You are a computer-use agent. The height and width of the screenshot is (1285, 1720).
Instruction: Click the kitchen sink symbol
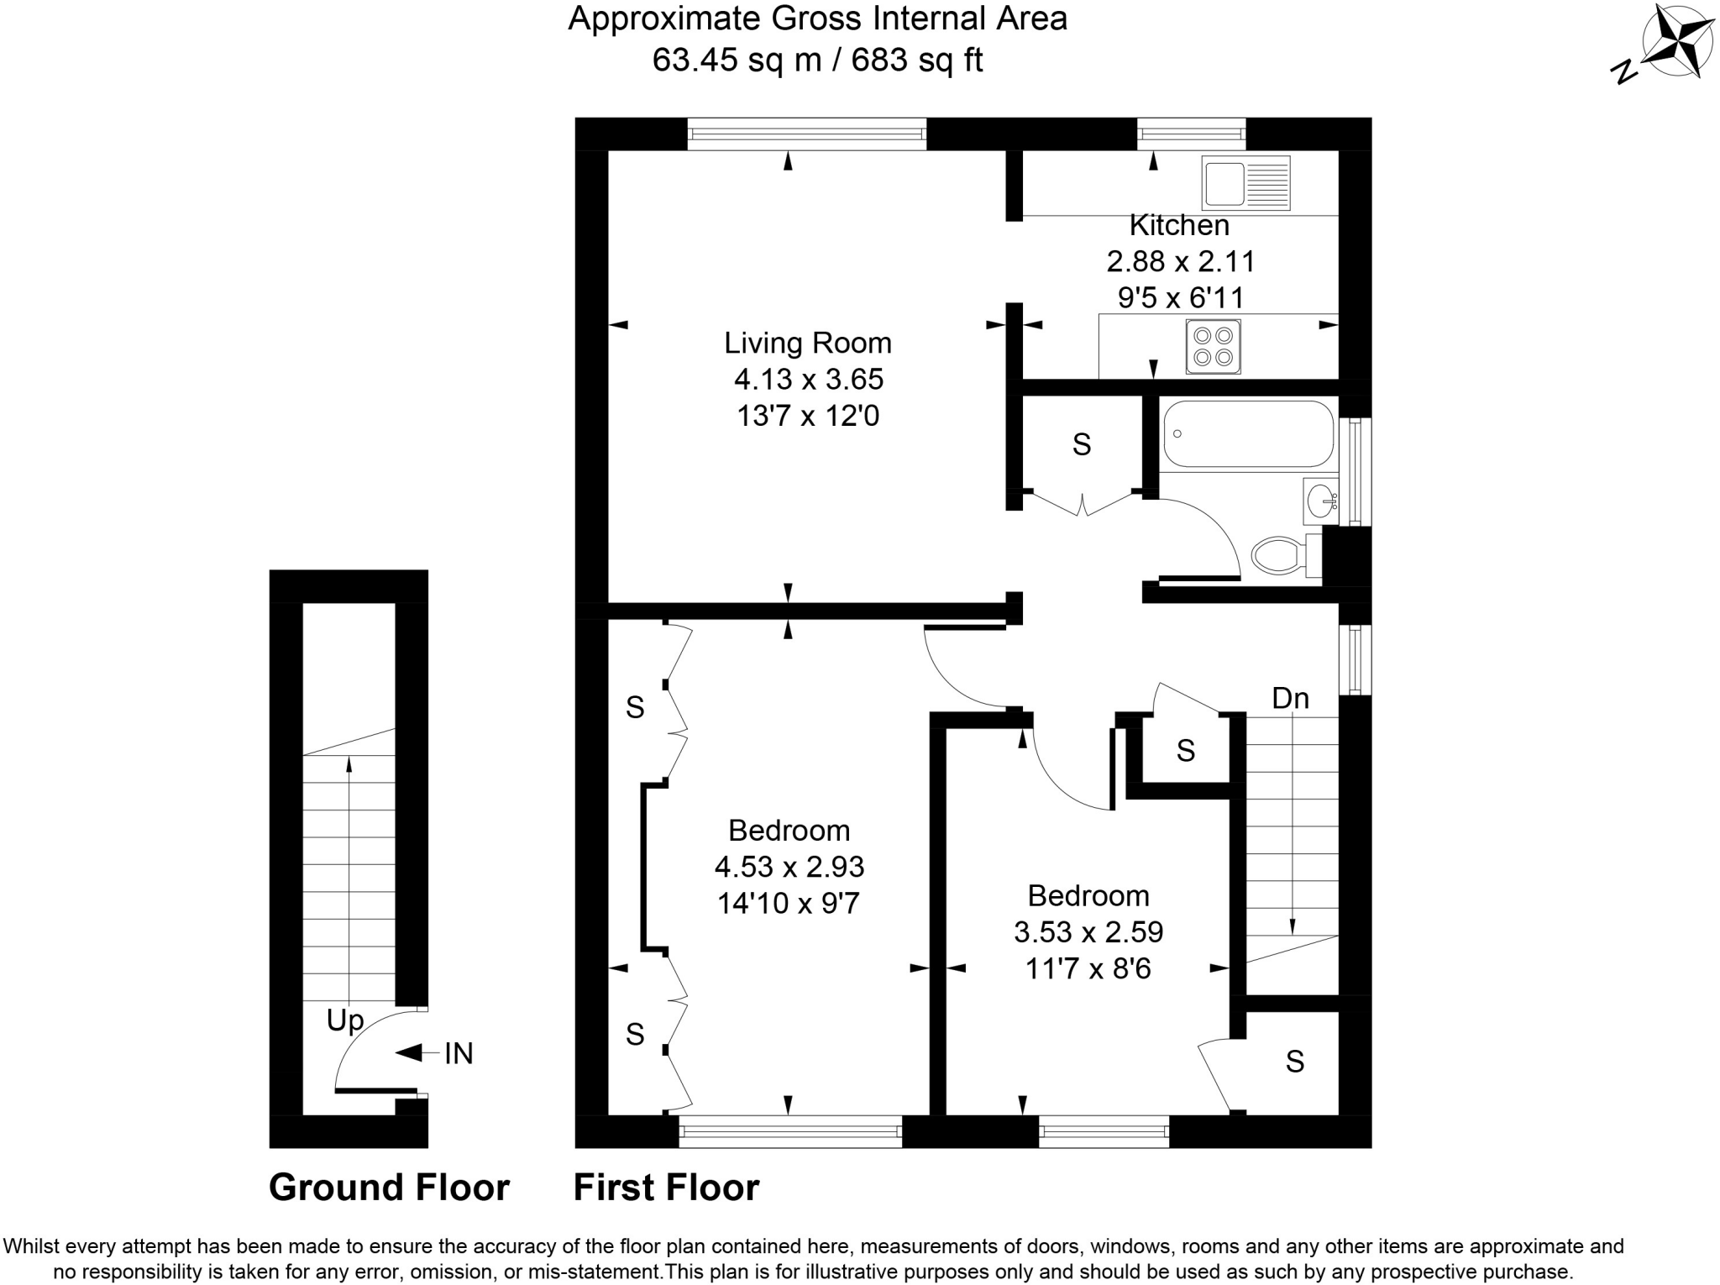pos(1245,183)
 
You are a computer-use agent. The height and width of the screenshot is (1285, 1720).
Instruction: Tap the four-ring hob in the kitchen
pos(1213,346)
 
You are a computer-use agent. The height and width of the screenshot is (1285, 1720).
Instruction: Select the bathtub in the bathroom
pos(1248,433)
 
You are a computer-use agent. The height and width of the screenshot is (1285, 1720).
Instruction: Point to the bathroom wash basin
pos(1321,502)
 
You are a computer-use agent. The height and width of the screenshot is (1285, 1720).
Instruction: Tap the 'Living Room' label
pos(807,343)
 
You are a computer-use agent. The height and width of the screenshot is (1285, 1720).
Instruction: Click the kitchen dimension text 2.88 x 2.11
pos(1180,262)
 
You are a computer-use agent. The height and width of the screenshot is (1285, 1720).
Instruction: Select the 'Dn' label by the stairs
pos(1290,698)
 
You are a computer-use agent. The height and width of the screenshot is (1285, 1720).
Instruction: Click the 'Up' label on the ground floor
pos(345,1020)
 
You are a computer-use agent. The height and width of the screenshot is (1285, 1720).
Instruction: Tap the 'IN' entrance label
pos(459,1053)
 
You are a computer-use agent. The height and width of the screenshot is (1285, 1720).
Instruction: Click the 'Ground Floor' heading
pos(389,1188)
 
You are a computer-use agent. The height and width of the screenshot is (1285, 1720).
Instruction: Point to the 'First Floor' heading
pos(666,1188)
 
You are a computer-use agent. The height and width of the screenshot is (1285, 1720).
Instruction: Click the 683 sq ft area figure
pos(917,60)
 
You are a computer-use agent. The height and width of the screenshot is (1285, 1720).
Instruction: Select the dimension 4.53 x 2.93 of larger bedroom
pos(789,867)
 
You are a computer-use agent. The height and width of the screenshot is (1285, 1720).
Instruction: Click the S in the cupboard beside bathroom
pos(1081,444)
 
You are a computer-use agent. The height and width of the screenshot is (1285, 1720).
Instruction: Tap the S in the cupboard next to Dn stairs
pos(1185,750)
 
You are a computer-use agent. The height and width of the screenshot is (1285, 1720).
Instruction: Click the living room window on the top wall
pos(806,134)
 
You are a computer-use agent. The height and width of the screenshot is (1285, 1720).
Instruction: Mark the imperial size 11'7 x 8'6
pos(1088,969)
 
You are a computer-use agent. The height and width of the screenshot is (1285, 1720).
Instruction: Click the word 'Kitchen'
pos(1179,225)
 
